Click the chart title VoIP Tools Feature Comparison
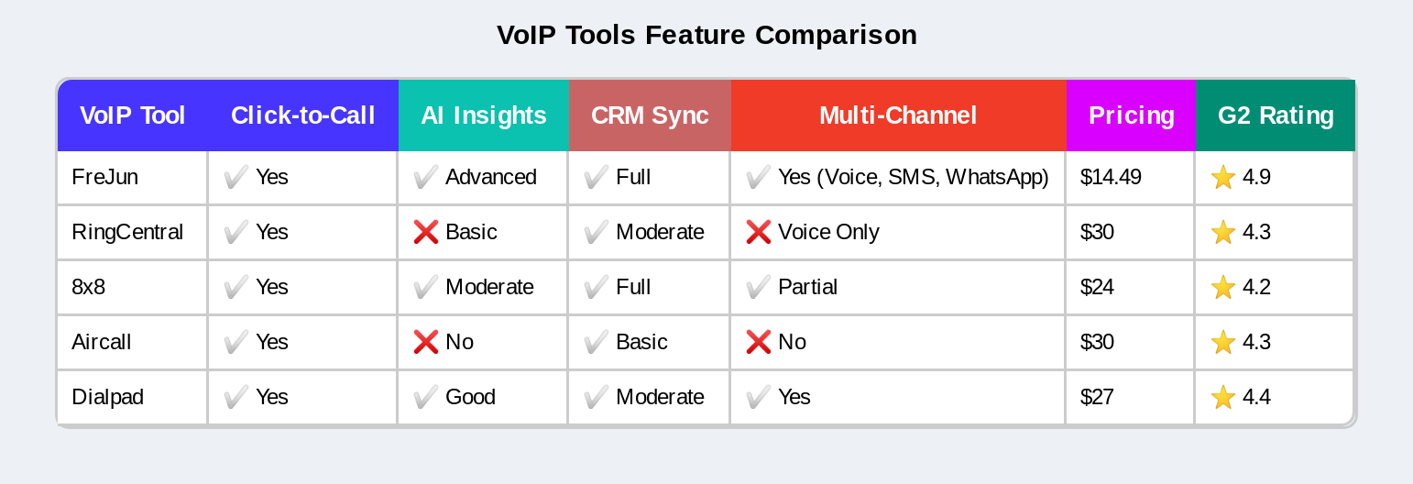click(x=706, y=35)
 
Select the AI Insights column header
click(x=483, y=115)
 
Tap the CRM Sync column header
click(x=649, y=115)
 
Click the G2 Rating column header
click(x=1275, y=115)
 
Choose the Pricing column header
click(x=1131, y=115)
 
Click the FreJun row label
click(x=104, y=177)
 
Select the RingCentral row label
click(x=127, y=232)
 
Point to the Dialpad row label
click(x=107, y=397)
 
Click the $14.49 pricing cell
click(x=1111, y=177)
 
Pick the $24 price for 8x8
click(x=1097, y=287)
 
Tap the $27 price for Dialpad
click(x=1097, y=397)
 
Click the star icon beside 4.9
click(x=1222, y=177)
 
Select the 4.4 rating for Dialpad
click(x=1256, y=397)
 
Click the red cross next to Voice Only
click(x=758, y=232)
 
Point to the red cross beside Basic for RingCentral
click(x=425, y=232)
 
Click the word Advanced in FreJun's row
click(x=490, y=177)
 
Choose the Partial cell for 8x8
click(x=807, y=287)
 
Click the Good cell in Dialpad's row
click(x=470, y=397)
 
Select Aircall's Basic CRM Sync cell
click(x=641, y=342)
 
